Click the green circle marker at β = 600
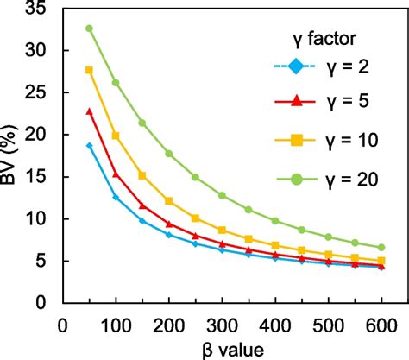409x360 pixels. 381,247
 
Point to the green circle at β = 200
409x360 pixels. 169,154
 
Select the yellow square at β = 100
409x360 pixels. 116,136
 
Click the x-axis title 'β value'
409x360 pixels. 223,349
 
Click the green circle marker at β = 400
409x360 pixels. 275,221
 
